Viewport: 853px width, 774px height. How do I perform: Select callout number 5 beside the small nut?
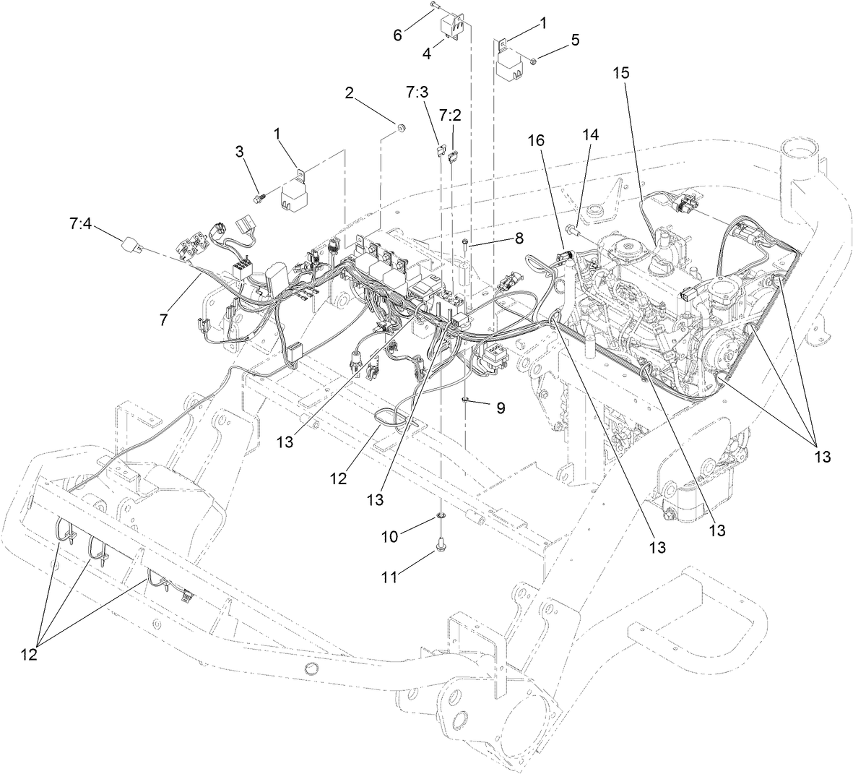[x=575, y=40]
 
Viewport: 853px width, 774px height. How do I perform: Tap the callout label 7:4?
[x=81, y=225]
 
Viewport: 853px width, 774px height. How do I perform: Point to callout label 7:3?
[x=417, y=93]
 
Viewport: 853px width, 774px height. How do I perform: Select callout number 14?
[x=592, y=134]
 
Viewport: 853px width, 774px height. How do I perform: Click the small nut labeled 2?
[x=398, y=129]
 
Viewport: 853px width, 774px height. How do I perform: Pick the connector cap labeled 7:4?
[x=133, y=245]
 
